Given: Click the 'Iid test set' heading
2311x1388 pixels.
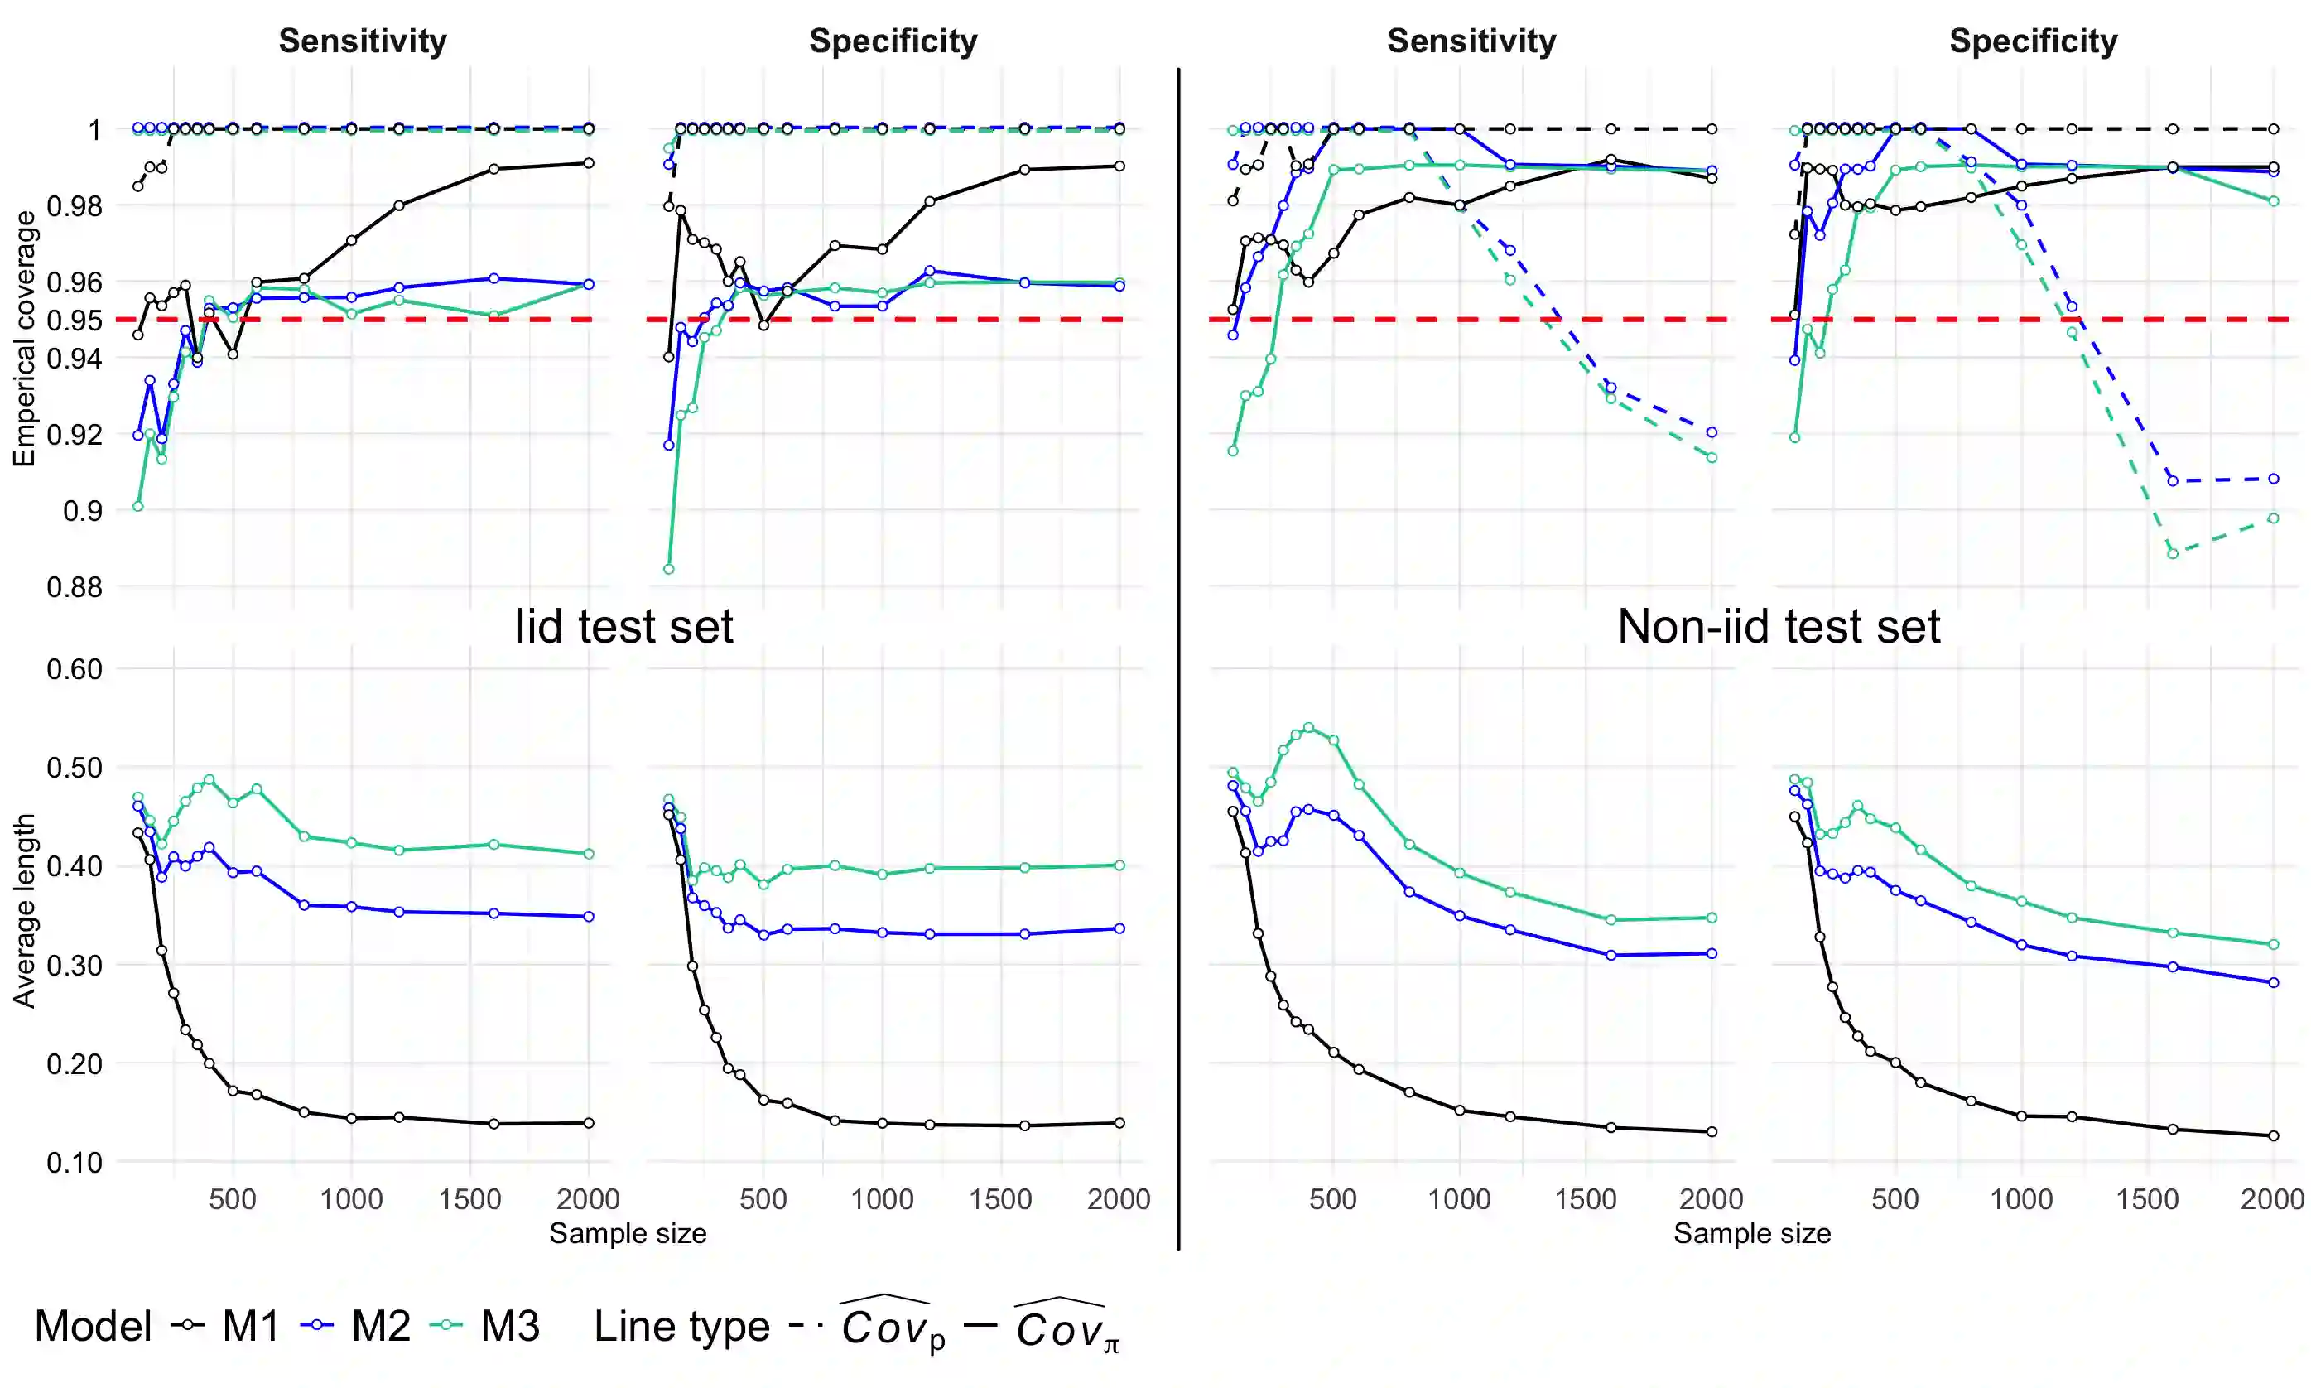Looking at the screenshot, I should pyautogui.click(x=623, y=626).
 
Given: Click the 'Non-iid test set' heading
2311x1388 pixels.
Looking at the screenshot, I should pyautogui.click(x=1778, y=626).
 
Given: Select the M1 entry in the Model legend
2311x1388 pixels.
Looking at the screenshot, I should pyautogui.click(x=249, y=1325).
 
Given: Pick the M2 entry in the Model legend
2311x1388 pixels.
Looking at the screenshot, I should pyautogui.click(x=379, y=1325).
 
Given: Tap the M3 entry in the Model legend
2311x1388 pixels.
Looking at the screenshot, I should pyautogui.click(x=508, y=1325).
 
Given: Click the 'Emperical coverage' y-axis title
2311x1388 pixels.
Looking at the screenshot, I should pyautogui.click(x=23, y=339).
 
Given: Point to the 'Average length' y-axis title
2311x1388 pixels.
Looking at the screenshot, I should pyautogui.click(x=23, y=910).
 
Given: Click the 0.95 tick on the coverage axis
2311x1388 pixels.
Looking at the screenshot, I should pyautogui.click(x=81, y=320).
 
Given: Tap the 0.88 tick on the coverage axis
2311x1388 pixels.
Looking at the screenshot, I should pyautogui.click(x=75, y=587).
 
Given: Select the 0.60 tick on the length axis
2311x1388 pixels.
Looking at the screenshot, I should pyautogui.click(x=75, y=670).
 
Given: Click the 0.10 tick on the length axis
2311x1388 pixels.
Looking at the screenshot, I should pyautogui.click(x=75, y=1163).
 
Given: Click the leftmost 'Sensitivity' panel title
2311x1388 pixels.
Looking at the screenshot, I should pyautogui.click(x=363, y=41).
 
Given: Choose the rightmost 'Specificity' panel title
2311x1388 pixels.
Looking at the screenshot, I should pyautogui.click(x=2033, y=41).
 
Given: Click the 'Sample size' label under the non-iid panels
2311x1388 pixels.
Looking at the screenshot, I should pyautogui.click(x=1751, y=1234).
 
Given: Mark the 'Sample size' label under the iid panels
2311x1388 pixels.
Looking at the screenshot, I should pyautogui.click(x=628, y=1234).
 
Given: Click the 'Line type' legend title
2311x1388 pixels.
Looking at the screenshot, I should pyautogui.click(x=681, y=1325).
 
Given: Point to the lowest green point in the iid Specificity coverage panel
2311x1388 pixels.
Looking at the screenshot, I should pyautogui.click(x=668, y=569).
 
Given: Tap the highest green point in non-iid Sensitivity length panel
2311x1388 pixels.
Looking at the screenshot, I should pyautogui.click(x=1308, y=728).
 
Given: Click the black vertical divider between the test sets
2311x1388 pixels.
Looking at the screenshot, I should pyautogui.click(x=1178, y=655).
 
